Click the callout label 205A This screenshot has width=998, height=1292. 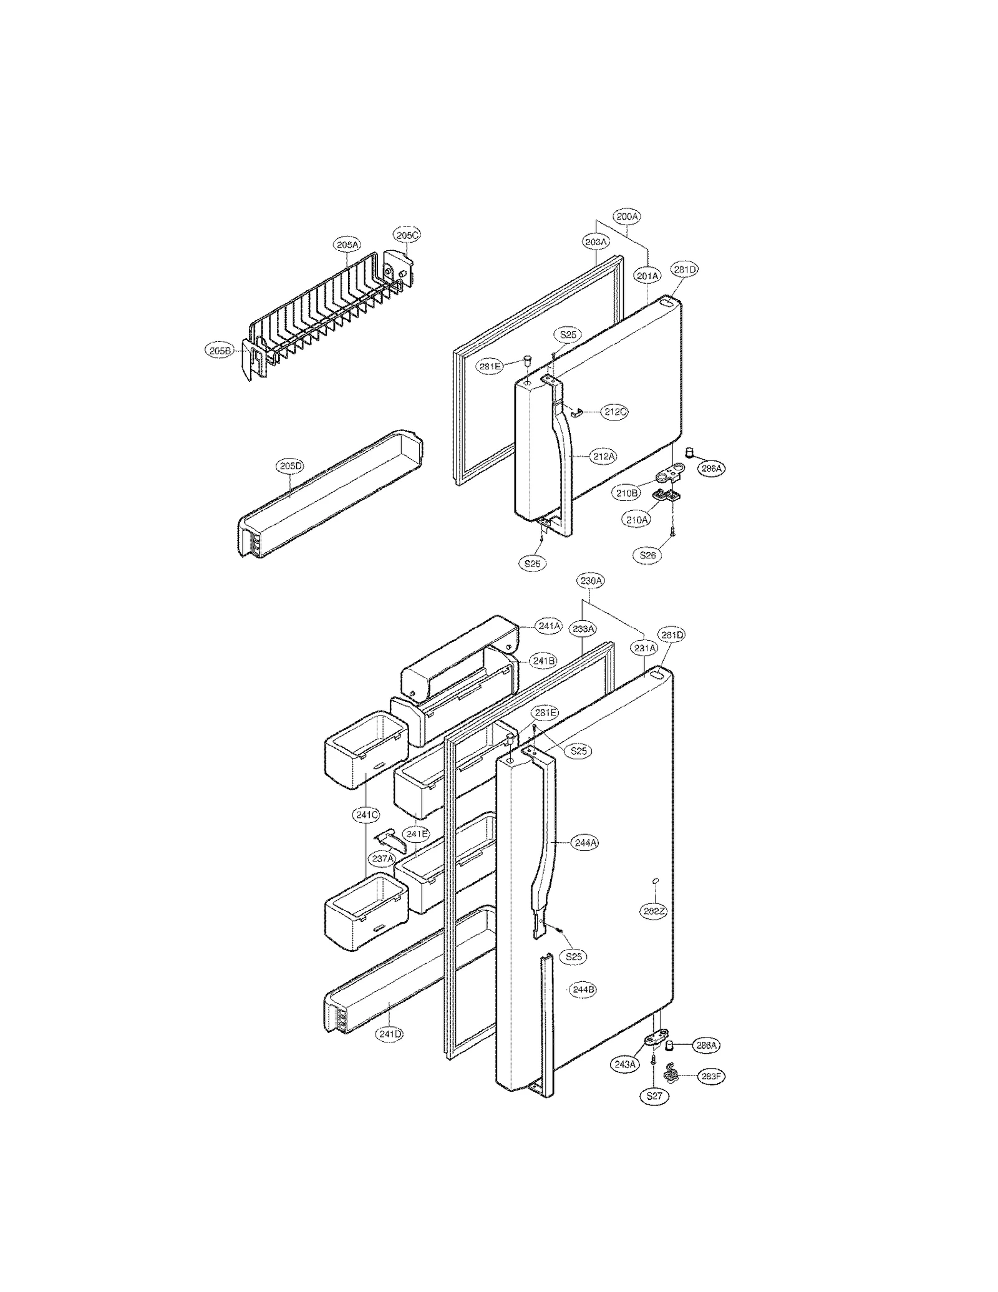coord(347,245)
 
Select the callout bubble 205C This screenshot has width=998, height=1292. coord(407,235)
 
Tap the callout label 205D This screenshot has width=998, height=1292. coord(290,465)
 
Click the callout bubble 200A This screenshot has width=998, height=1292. coord(627,216)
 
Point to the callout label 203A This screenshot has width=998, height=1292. coord(595,241)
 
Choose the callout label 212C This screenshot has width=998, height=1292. coord(614,412)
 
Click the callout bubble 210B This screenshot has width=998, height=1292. coord(627,493)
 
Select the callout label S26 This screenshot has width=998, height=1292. coord(647,555)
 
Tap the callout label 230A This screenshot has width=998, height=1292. coord(591,581)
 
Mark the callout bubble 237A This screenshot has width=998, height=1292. coord(382,858)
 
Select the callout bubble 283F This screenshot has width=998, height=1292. coord(712,1076)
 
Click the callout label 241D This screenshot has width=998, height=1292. coord(389,1034)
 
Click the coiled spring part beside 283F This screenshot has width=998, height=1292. coord(671,1072)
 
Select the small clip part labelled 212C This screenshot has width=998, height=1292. coord(578,411)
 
